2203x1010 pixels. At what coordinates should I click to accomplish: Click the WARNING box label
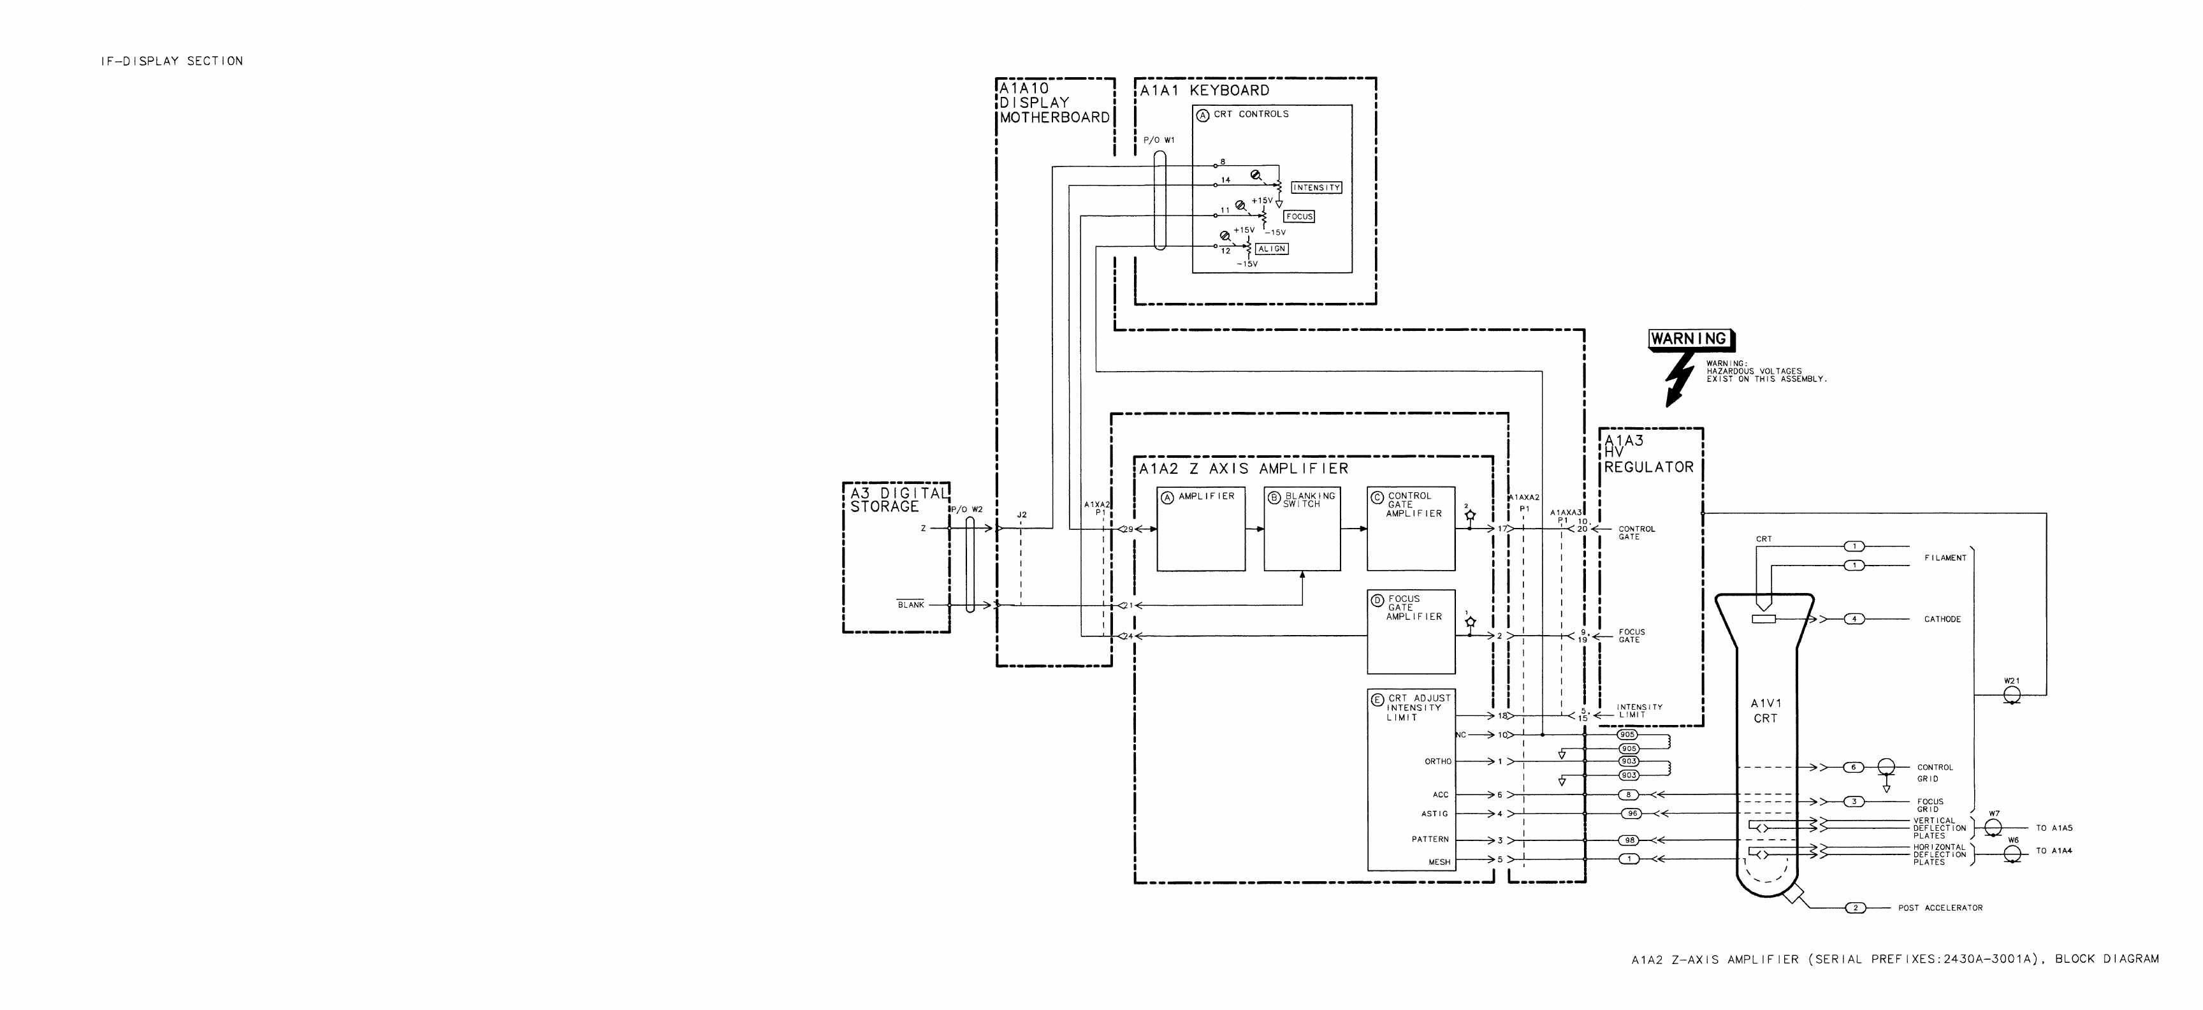click(1689, 339)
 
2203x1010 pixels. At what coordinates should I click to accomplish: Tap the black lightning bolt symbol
click(1680, 380)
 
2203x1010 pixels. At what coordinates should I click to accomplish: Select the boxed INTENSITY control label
click(1316, 187)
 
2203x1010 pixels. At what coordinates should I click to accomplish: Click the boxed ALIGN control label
click(1272, 249)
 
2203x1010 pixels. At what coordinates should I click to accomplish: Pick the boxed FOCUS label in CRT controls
click(1299, 216)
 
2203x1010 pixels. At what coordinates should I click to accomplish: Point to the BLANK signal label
click(911, 604)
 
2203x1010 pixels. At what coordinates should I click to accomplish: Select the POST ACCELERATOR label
click(1940, 907)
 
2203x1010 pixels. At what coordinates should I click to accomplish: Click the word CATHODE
click(1942, 619)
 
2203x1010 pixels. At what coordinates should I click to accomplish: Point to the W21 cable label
click(2011, 681)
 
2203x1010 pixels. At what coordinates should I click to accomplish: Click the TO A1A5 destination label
click(2053, 828)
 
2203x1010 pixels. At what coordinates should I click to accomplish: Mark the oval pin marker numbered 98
click(1630, 840)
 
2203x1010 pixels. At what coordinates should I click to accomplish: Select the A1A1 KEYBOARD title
click(1204, 91)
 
